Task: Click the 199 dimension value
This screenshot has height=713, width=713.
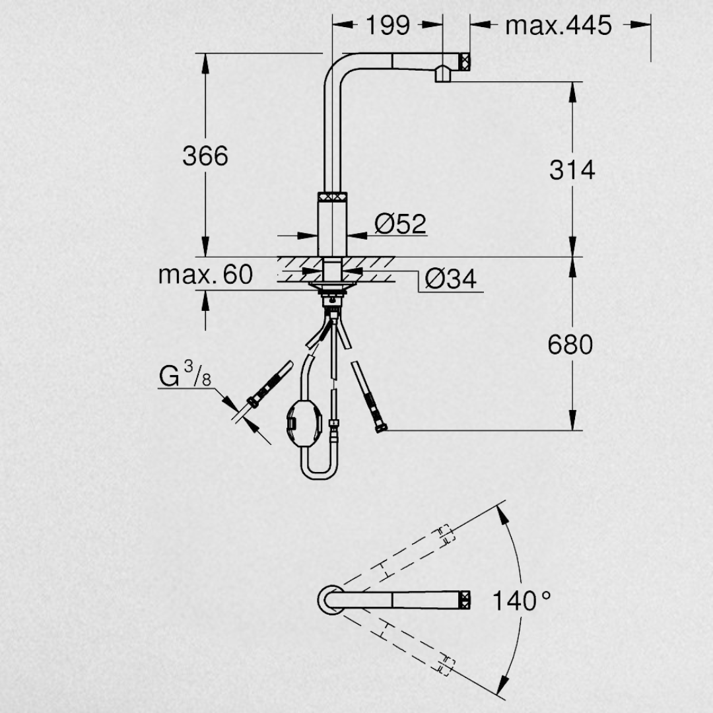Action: click(388, 26)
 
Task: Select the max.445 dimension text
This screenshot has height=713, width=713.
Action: click(559, 26)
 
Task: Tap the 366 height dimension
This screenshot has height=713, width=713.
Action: click(205, 156)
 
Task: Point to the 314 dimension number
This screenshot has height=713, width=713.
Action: click(572, 170)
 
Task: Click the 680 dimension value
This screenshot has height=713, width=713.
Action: click(570, 345)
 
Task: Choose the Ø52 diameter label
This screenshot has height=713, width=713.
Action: click(400, 224)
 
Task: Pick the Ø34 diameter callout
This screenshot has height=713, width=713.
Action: click(451, 279)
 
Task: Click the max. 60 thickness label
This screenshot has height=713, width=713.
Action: click(205, 275)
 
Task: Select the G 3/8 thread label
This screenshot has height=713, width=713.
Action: click(185, 374)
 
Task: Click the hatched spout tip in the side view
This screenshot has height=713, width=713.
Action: click(465, 61)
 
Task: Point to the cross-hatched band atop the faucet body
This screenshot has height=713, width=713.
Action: click(332, 197)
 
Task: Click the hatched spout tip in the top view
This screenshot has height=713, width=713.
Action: click(465, 600)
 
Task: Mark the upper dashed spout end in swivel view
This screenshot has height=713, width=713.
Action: click(446, 535)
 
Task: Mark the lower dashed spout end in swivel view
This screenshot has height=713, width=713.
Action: click(446, 664)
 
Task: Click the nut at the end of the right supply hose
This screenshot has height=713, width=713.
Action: click(381, 428)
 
